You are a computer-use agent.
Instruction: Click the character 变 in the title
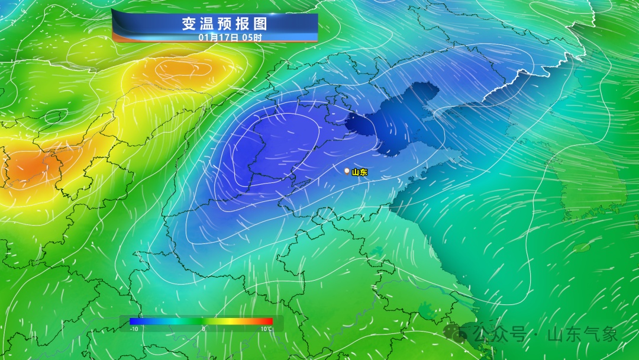(189, 24)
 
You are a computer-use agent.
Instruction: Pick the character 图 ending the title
(260, 24)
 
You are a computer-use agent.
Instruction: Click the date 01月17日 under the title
(218, 37)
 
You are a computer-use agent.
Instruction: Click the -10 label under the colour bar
(134, 329)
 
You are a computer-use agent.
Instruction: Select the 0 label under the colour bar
(203, 329)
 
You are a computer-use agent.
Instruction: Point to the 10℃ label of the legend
(266, 329)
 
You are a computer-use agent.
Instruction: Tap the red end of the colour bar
(269, 322)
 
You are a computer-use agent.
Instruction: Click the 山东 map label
(360, 172)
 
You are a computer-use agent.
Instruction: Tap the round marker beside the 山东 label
(347, 171)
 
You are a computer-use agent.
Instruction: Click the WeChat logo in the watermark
(456, 334)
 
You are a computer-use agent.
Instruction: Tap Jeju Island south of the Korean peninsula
(582, 247)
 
